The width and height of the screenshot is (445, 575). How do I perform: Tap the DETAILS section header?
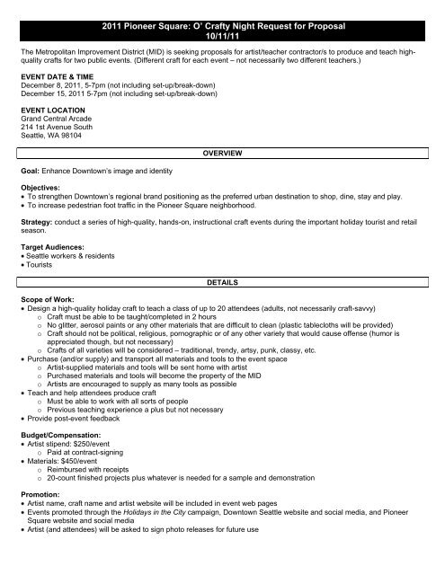222,281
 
